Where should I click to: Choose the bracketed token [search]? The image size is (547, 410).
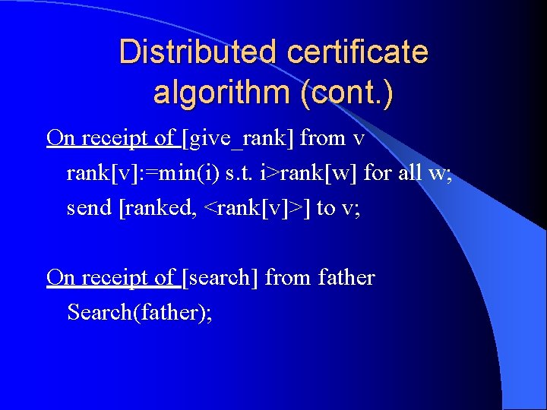[x=221, y=278]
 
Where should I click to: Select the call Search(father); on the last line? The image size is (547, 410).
[x=139, y=312]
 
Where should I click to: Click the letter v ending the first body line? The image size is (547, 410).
[x=359, y=139]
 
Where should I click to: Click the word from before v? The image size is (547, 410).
[x=324, y=138]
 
